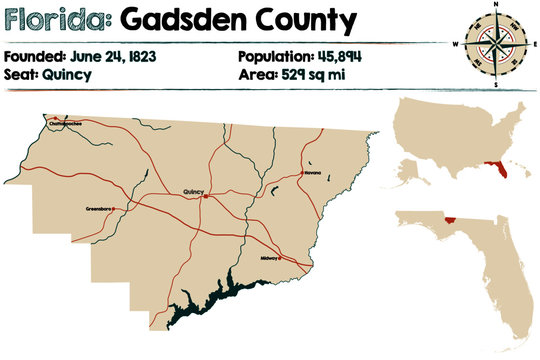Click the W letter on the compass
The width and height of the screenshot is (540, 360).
point(456,46)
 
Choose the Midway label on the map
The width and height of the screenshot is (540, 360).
point(269,258)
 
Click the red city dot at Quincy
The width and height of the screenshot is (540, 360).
point(205,196)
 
